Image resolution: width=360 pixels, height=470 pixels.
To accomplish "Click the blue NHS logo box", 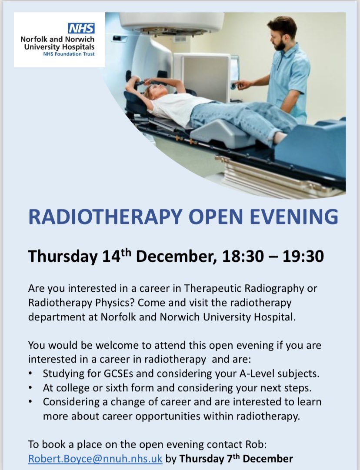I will [81, 29].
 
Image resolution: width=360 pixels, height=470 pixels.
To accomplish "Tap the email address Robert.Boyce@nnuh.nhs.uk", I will [95, 458].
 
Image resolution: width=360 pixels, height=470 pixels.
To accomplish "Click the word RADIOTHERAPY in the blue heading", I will [105, 217].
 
